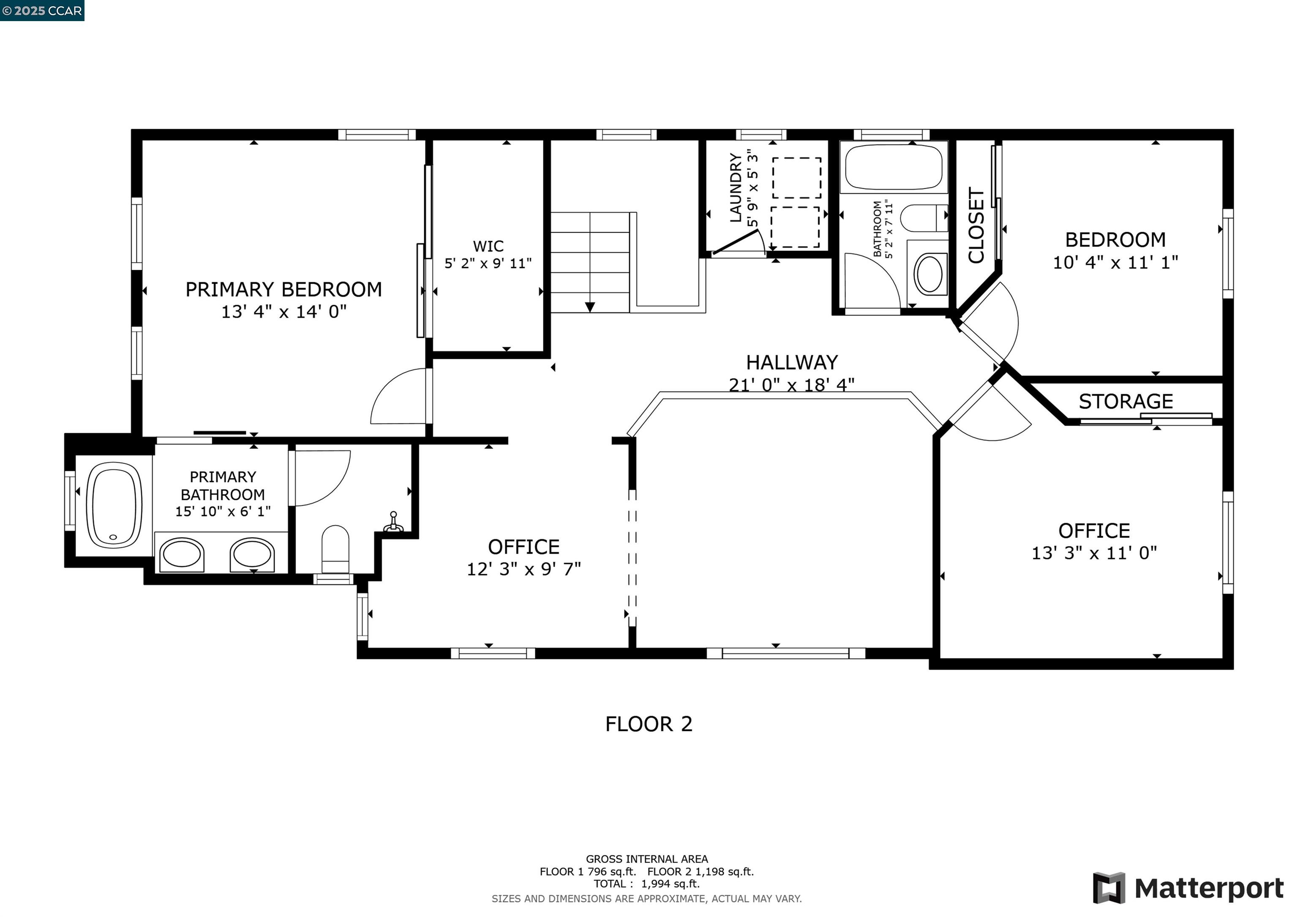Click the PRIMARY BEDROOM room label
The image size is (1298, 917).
click(284, 289)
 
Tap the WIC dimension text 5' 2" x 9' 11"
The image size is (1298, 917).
click(488, 263)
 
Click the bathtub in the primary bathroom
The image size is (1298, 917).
click(114, 505)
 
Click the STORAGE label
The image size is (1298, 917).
click(1126, 401)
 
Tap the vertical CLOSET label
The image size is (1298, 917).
click(976, 225)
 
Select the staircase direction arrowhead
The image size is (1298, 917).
click(590, 307)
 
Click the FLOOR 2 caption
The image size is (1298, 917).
click(649, 724)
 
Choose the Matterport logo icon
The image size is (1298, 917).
click(1109, 888)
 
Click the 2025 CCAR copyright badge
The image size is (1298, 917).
click(42, 11)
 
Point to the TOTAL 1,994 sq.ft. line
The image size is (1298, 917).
click(647, 884)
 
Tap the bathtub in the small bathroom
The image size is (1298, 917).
click(894, 167)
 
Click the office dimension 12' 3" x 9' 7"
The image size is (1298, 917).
click(524, 569)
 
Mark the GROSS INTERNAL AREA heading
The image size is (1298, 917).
click(647, 859)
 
